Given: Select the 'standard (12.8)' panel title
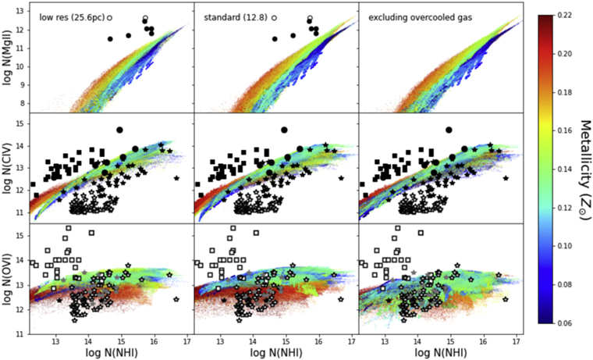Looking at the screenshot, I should click(231, 16).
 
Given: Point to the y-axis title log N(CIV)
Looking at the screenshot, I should click(9, 167).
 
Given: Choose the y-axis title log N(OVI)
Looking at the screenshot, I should click(9, 279).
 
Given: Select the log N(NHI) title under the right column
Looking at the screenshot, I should click(438, 353).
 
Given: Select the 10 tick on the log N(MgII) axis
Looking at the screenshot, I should click(23, 66).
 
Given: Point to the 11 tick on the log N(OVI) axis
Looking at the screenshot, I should click(23, 334).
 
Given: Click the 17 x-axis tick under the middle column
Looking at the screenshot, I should click(352, 341).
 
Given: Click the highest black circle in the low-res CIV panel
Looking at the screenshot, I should click(119, 130).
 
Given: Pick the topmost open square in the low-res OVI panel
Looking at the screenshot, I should click(69, 228).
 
